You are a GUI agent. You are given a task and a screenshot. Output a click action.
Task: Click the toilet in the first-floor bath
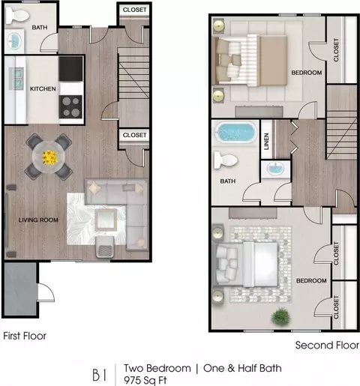17,15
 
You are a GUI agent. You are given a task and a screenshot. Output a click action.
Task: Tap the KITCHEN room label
43,88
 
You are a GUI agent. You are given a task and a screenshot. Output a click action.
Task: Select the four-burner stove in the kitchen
70,107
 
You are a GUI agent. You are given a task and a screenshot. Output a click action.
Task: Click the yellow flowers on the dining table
49,157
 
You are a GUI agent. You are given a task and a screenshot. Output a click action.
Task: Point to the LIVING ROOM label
38,220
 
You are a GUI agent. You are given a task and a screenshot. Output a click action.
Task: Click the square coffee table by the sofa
106,220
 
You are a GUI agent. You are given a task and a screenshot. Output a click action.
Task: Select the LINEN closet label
266,142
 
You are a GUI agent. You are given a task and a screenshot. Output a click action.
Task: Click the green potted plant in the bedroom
281,316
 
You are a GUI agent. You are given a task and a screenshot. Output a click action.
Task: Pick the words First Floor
25,336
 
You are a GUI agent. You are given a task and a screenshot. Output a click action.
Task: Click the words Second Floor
327,346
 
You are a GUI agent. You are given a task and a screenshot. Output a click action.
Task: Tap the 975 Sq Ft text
145,380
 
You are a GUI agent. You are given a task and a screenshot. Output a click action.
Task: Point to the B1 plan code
100,375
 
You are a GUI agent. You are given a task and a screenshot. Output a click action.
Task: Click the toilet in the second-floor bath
225,160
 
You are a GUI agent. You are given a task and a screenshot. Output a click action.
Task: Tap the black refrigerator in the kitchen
70,69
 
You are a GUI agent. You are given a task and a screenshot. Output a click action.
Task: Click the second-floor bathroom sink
275,168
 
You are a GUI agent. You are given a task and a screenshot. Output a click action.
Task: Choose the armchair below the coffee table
105,247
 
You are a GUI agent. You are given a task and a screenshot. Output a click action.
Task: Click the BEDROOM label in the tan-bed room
307,73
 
